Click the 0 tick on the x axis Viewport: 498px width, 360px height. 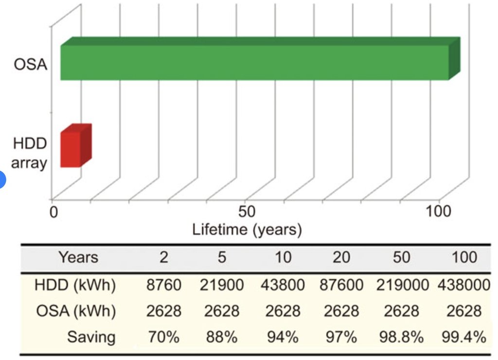(54, 212)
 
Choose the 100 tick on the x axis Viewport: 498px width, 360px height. (439, 212)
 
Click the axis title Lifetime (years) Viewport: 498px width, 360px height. (247, 229)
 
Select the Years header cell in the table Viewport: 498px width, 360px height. (78, 257)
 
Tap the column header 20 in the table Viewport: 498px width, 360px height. (341, 257)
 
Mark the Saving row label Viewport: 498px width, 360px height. (91, 337)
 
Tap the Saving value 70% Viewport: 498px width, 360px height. (164, 337)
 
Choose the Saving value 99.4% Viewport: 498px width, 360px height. (463, 337)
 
